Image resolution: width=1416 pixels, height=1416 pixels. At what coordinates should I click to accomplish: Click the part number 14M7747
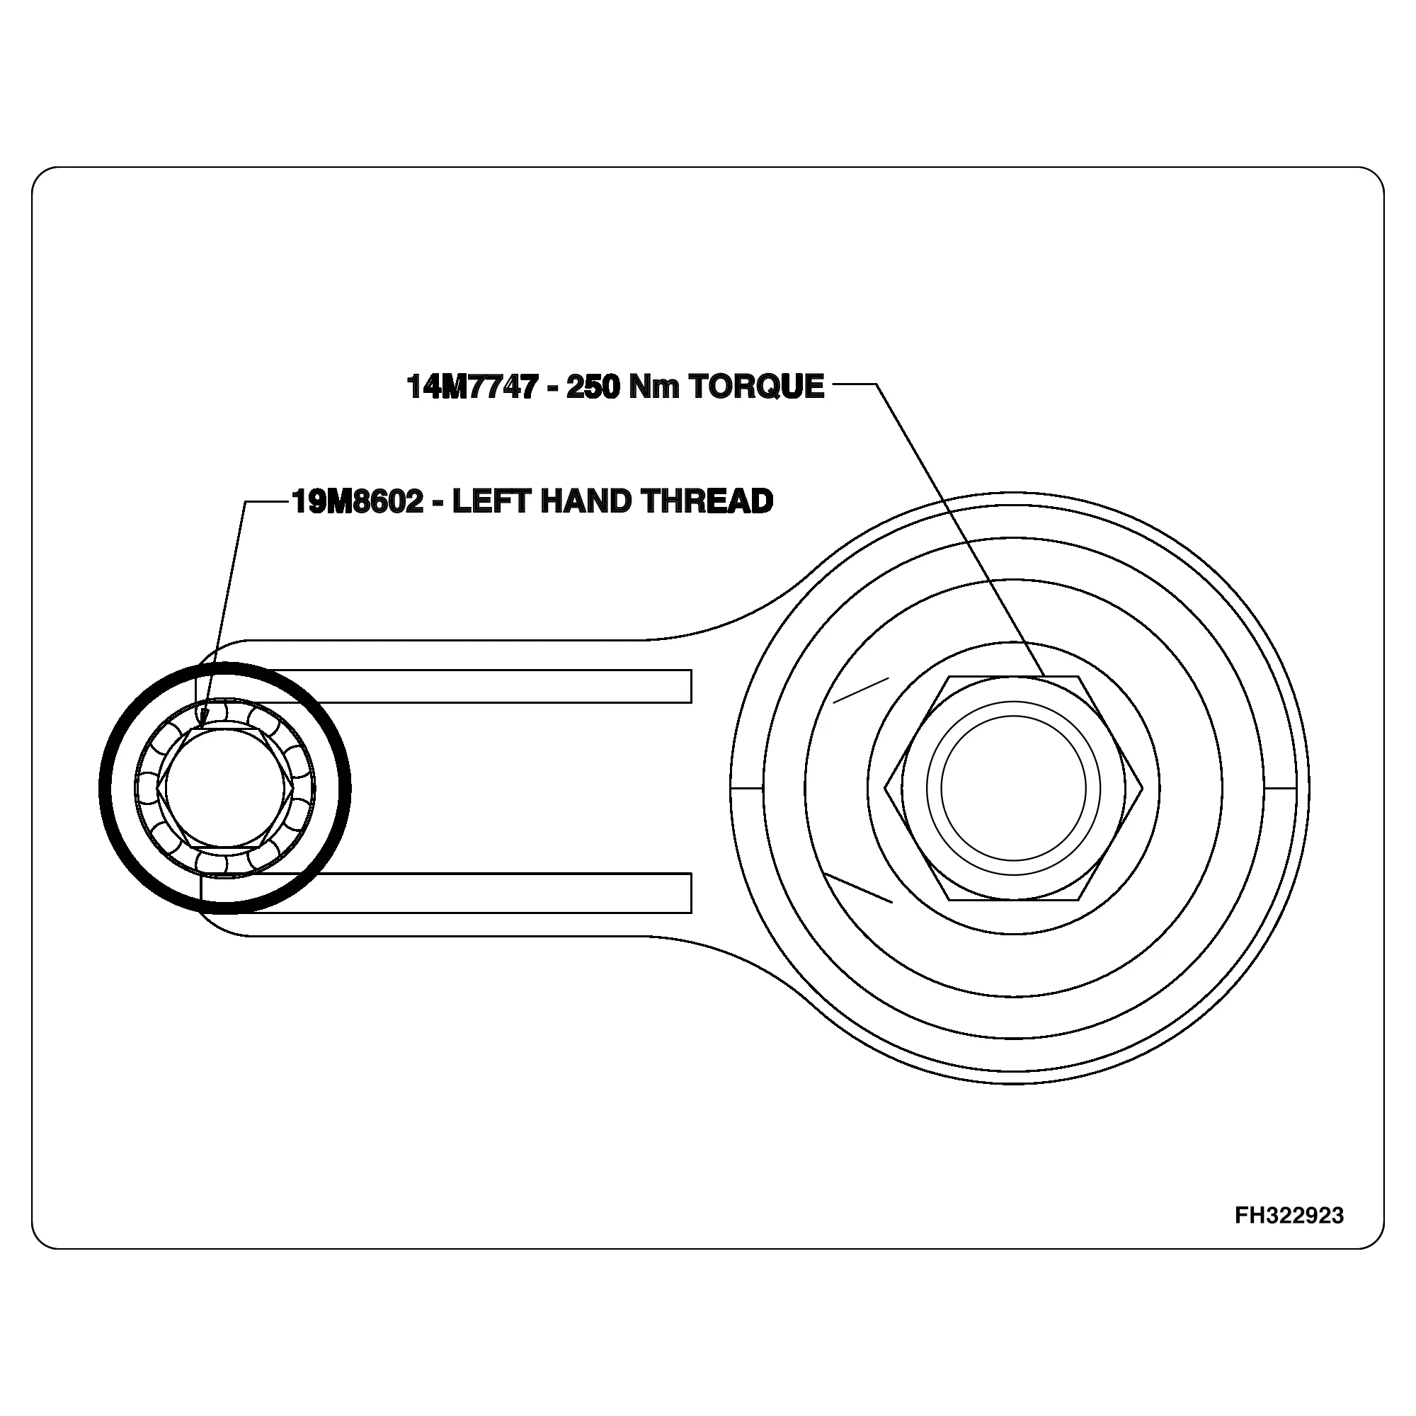(x=472, y=387)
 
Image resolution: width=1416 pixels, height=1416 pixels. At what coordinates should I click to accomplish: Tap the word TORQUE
(x=756, y=387)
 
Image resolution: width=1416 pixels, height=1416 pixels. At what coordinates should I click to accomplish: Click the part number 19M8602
(x=358, y=501)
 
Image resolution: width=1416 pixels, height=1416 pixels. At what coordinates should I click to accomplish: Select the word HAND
(x=586, y=501)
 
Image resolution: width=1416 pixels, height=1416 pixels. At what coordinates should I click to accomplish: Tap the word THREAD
(x=707, y=501)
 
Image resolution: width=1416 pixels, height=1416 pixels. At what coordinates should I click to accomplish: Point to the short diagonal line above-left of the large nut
(x=861, y=690)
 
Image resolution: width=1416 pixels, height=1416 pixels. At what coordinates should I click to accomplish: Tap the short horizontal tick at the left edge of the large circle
(x=747, y=789)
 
